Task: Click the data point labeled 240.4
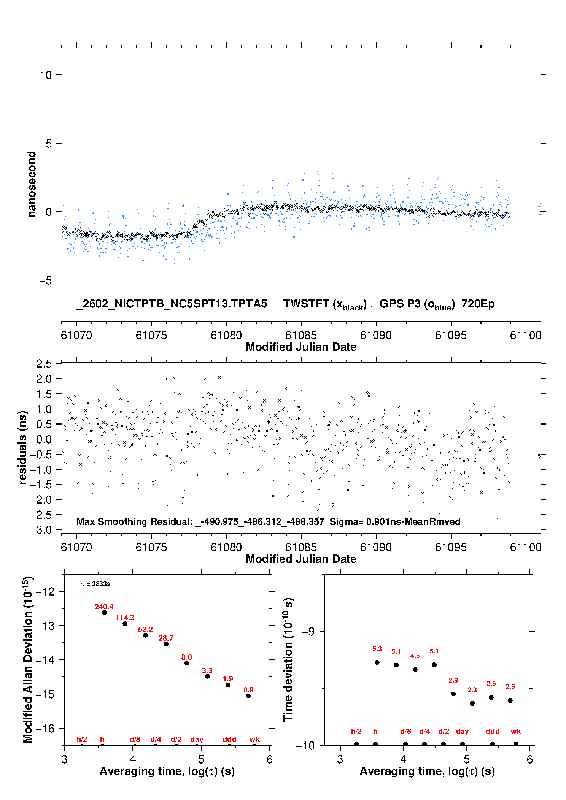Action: click(104, 612)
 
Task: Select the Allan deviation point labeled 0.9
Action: click(248, 696)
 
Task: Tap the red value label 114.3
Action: click(125, 618)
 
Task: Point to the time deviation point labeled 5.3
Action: click(377, 662)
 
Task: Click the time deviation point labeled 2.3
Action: click(472, 703)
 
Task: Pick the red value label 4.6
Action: click(415, 656)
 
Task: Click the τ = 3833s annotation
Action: click(96, 584)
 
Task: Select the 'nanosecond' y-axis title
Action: click(32, 184)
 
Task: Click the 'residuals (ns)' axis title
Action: click(23, 447)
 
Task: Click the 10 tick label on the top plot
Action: click(46, 75)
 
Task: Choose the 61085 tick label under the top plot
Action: click(301, 335)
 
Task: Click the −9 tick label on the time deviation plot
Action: click(308, 631)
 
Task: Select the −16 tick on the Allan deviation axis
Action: click(45, 728)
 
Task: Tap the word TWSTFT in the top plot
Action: click(306, 304)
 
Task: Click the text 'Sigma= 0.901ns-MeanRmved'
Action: click(395, 521)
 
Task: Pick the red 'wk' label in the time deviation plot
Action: click(516, 731)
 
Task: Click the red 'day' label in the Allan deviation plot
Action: click(197, 739)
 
